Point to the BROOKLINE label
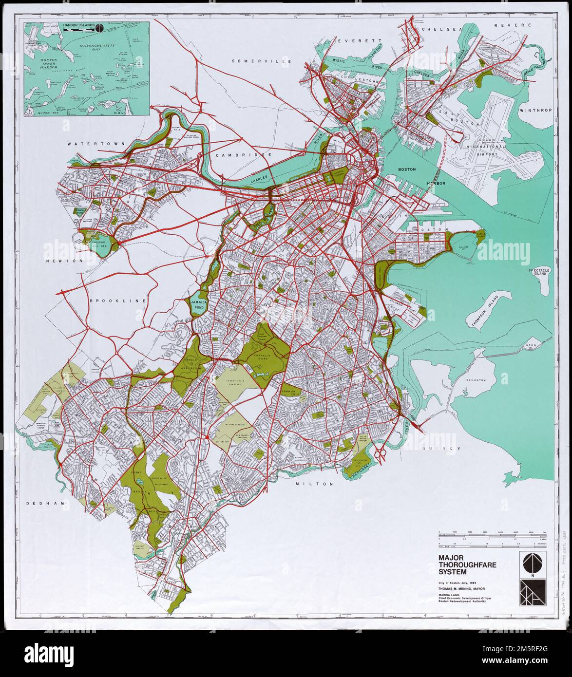coord(118,301)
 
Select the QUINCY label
coord(441,448)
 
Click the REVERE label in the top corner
coord(511,25)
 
